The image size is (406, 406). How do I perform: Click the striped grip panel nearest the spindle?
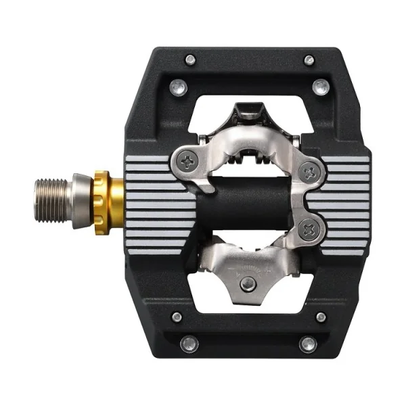pyautogui.click(x=153, y=203)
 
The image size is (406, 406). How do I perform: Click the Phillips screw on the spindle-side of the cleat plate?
pyautogui.click(x=187, y=160)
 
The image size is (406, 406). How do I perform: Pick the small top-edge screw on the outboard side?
pyautogui.click(x=309, y=60)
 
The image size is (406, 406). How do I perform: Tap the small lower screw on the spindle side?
pyautogui.click(x=177, y=317)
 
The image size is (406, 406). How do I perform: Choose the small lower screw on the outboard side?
pyautogui.click(x=320, y=317)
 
